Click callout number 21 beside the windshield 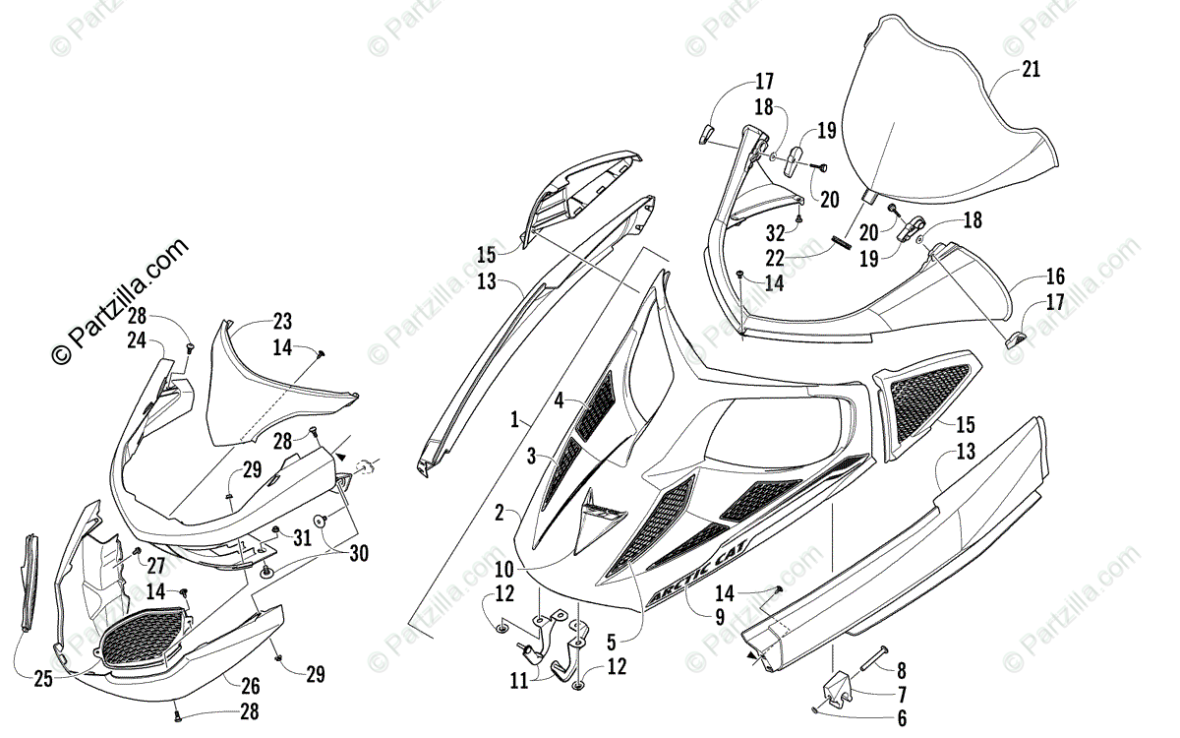point(1031,69)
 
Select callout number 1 point(514,420)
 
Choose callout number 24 point(136,340)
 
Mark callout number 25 point(42,679)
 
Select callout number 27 point(156,565)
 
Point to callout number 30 point(358,554)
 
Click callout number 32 point(777,234)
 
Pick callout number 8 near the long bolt point(901,669)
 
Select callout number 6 point(901,718)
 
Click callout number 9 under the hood point(719,619)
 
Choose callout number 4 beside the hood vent point(558,400)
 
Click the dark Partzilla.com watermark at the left point(122,300)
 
